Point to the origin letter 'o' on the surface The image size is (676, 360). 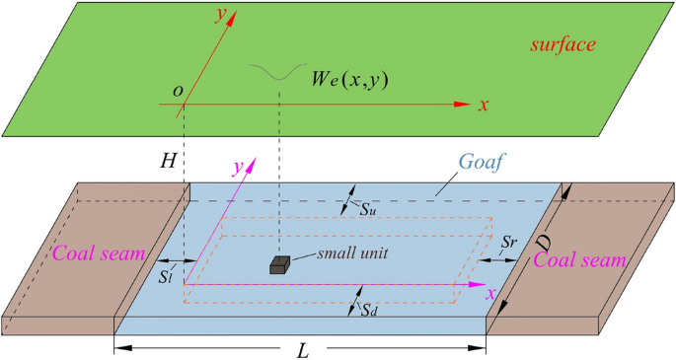(178, 91)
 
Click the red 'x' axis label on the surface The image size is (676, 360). (484, 105)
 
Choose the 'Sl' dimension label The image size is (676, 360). (168, 275)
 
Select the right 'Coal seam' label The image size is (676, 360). (579, 260)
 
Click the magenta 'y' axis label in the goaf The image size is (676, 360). (237, 168)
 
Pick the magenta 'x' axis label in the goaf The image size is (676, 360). (488, 294)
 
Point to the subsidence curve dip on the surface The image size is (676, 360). (279, 79)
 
